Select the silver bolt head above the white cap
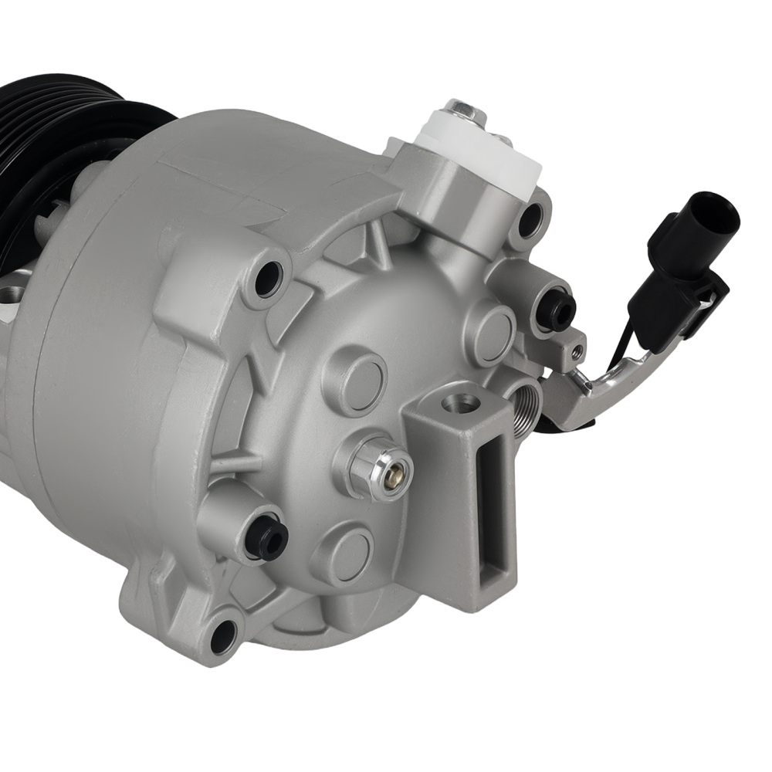coord(466,113)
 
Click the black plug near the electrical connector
coord(557,310)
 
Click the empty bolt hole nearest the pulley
coord(268,279)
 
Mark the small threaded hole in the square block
coord(576,352)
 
